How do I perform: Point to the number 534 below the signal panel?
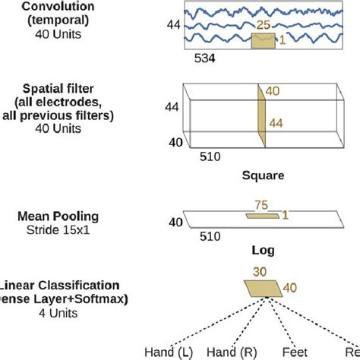click(207, 56)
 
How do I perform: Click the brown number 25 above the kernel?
click(264, 24)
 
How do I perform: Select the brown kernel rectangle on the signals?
click(263, 41)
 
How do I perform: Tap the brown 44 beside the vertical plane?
click(273, 121)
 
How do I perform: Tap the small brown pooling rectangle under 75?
click(261, 216)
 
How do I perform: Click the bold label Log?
click(262, 249)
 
